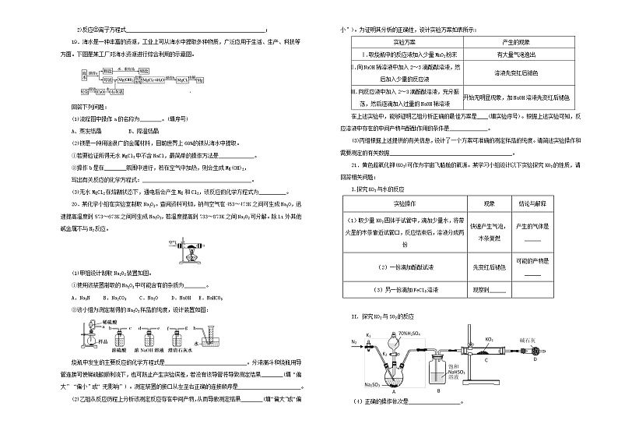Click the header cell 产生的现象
click(x=516, y=41)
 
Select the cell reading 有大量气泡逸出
click(x=516, y=55)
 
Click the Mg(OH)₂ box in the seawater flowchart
click(x=125, y=79)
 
